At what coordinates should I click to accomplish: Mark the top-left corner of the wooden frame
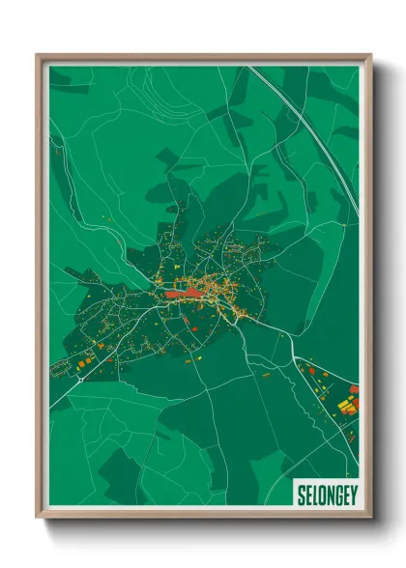pos(38,55)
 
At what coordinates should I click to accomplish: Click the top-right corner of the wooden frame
pos(370,55)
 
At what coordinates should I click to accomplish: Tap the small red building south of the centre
pos(193,327)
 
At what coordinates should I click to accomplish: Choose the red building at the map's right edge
pos(354,388)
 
